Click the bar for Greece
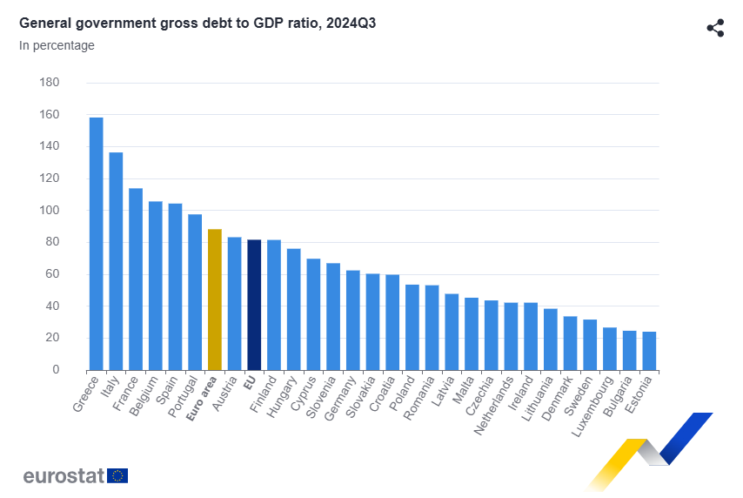(96, 244)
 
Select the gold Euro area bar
(215, 299)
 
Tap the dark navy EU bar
(254, 305)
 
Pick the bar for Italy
(116, 261)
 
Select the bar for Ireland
(531, 336)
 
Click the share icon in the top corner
(715, 28)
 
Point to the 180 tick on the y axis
(50, 83)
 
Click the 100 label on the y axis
(50, 211)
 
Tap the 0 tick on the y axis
(56, 370)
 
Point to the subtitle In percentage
(57, 45)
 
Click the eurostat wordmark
(64, 475)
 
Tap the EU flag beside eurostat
(117, 475)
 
